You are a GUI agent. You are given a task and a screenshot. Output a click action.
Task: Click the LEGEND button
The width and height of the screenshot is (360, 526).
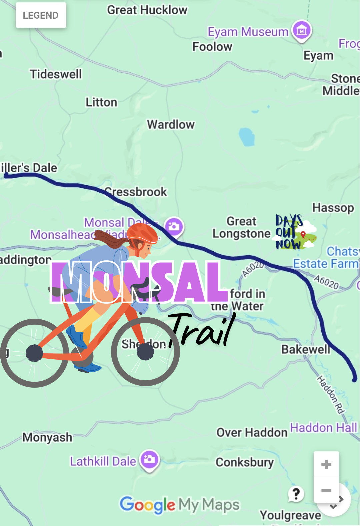tap(41, 15)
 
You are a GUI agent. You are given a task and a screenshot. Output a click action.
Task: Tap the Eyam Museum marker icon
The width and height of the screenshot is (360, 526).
tap(302, 31)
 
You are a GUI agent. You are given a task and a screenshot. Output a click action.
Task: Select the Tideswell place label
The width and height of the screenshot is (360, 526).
tap(56, 74)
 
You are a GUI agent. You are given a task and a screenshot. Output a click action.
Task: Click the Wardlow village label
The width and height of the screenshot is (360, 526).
tap(171, 125)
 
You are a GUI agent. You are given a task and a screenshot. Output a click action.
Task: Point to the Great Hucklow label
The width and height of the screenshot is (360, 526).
tap(147, 10)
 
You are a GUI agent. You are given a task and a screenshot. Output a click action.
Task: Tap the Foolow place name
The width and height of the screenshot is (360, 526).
tap(212, 47)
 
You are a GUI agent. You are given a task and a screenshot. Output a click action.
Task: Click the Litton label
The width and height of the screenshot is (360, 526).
tap(101, 102)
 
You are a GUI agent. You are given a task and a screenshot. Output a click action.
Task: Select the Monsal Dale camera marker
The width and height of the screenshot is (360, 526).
tap(174, 227)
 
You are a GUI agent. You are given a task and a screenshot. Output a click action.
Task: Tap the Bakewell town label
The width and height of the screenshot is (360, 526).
tap(306, 349)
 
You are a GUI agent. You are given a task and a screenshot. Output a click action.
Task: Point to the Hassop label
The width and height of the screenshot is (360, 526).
tap(333, 208)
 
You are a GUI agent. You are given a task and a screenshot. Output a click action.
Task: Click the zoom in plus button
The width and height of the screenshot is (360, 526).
tap(326, 464)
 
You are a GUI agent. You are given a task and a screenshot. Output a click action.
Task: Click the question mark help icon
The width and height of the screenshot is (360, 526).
tap(296, 494)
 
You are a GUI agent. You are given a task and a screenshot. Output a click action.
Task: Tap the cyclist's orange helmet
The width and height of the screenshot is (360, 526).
tap(142, 232)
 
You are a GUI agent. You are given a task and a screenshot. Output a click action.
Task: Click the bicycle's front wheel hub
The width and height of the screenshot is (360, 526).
tap(145, 352)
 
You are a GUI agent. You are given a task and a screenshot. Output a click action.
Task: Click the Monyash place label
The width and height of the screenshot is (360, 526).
tap(47, 437)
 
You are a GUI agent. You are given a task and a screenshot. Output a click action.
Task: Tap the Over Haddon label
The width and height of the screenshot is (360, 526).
tap(252, 433)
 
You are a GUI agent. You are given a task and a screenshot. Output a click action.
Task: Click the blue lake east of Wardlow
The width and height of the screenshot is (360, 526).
tap(247, 137)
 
